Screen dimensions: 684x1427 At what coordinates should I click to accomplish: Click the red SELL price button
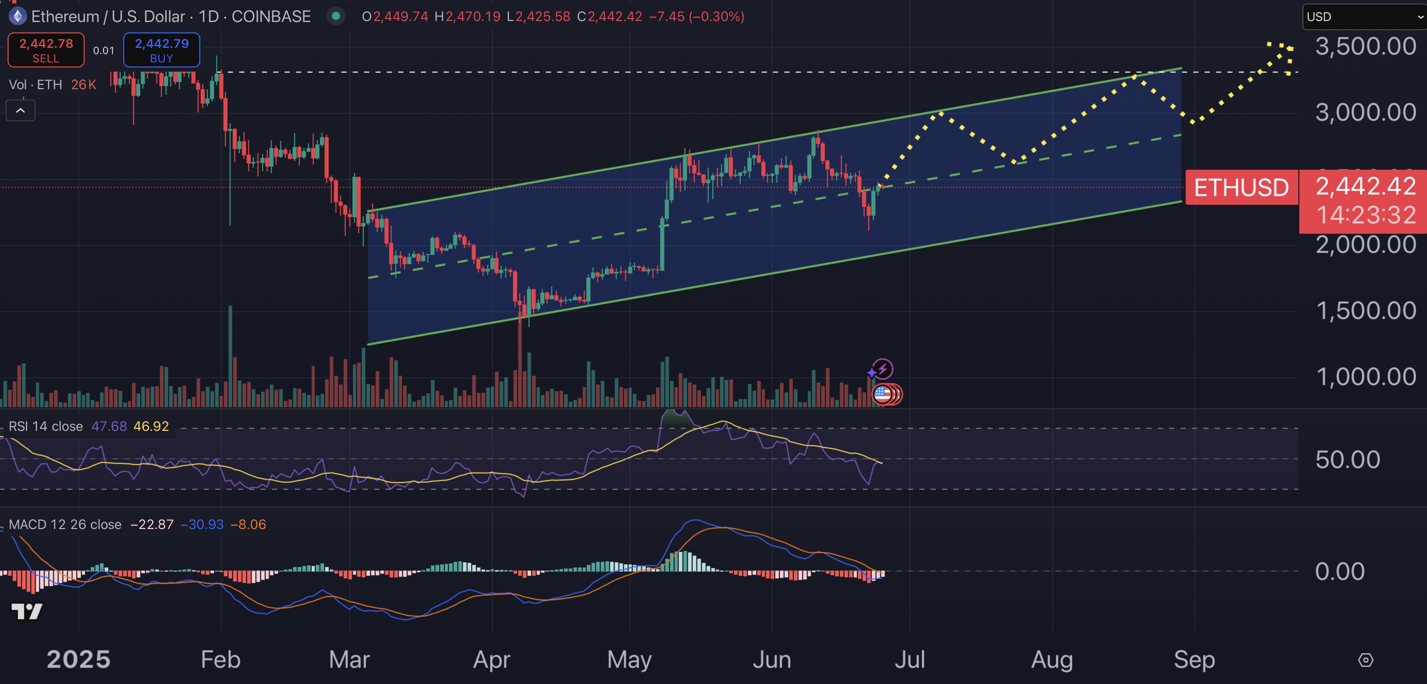coord(46,50)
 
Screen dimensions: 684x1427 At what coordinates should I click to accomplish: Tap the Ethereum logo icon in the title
coord(18,17)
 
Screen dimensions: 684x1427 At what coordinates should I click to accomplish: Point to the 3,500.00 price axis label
coord(1365,46)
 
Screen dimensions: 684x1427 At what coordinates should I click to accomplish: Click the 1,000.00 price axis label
coord(1365,377)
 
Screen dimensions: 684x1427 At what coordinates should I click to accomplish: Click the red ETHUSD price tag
coord(1241,187)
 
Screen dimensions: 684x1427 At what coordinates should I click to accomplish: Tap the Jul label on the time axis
coord(910,660)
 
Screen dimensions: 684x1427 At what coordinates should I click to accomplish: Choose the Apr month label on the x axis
coord(492,660)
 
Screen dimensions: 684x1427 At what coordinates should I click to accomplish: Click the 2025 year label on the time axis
coord(79,660)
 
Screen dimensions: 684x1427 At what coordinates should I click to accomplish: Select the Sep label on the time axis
coord(1194,660)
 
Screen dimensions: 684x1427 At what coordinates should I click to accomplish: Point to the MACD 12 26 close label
coord(65,524)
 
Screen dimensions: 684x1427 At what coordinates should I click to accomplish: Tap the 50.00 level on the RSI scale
coord(1347,459)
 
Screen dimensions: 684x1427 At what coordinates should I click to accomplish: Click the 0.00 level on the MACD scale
coord(1340,571)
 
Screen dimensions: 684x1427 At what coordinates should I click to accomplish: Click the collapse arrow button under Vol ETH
coord(21,110)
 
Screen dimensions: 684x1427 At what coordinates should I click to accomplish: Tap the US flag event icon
coord(882,394)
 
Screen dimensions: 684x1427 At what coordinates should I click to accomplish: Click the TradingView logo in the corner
coord(27,611)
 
